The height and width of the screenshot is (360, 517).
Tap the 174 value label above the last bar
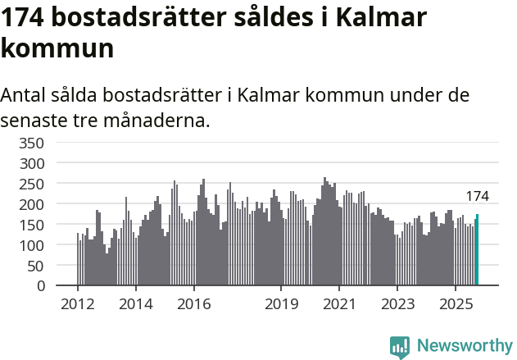(x=478, y=196)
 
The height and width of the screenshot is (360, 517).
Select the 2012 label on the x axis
(x=78, y=304)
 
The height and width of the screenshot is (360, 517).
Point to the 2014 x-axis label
(x=136, y=304)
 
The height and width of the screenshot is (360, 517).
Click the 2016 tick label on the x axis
(x=193, y=304)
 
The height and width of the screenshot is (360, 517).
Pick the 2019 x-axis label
(x=281, y=304)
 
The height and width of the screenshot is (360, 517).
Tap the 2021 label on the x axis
(x=339, y=304)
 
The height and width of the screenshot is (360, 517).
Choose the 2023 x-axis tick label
(x=397, y=304)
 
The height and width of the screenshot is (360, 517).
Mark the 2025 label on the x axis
(x=456, y=304)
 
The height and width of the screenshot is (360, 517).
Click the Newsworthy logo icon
(x=400, y=347)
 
